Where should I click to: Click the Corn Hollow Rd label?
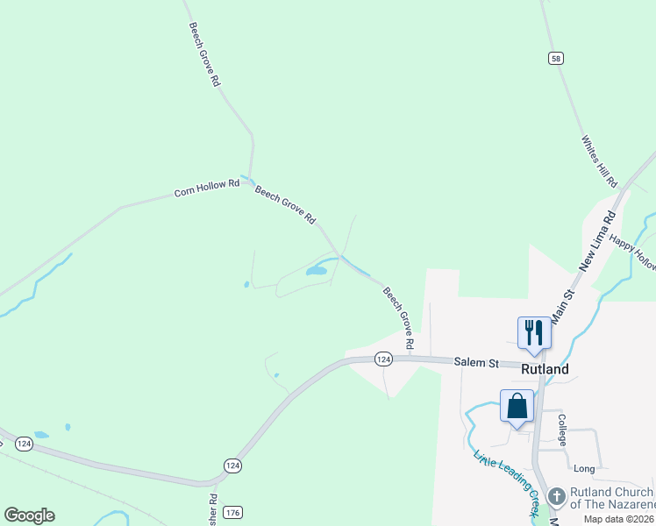[206, 188]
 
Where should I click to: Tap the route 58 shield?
[556, 58]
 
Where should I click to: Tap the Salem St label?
[476, 362]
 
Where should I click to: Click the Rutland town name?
[545, 369]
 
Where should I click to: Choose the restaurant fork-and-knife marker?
[534, 333]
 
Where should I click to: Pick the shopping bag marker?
[517, 407]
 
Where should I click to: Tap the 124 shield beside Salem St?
[382, 359]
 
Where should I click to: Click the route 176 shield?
[232, 512]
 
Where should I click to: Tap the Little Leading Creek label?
[507, 482]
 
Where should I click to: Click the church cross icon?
[556, 497]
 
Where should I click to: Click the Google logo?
[29, 515]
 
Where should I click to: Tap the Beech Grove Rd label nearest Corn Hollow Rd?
[285, 204]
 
